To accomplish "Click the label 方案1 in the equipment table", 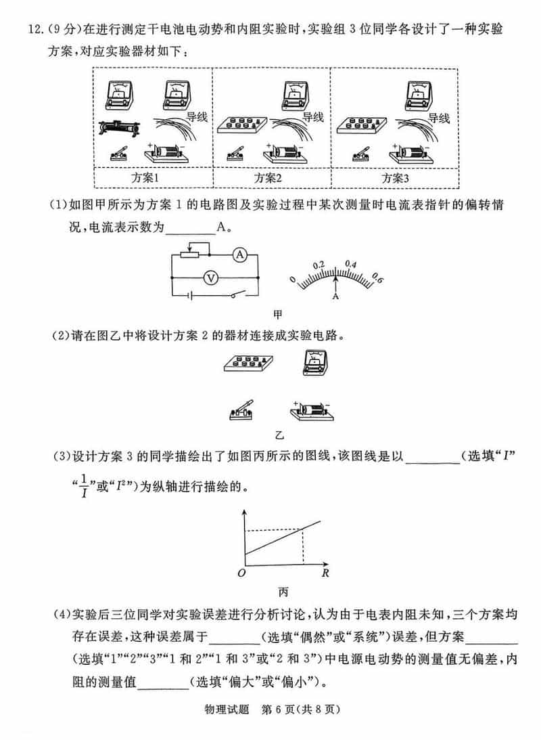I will (x=145, y=178).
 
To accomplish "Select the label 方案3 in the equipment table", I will (x=396, y=178).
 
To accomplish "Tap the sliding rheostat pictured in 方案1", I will (x=120, y=127).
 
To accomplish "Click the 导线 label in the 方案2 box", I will (x=312, y=117).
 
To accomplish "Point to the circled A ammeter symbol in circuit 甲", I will (x=238, y=254).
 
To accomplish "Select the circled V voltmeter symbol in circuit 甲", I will (x=210, y=277).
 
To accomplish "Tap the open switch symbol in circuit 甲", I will (x=236, y=295).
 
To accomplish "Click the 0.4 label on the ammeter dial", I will (x=351, y=264).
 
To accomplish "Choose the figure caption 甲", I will (x=277, y=314).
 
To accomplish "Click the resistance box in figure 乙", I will (x=243, y=364).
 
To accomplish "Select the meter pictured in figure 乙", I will (x=314, y=363).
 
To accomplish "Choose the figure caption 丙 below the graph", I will (x=283, y=592).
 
